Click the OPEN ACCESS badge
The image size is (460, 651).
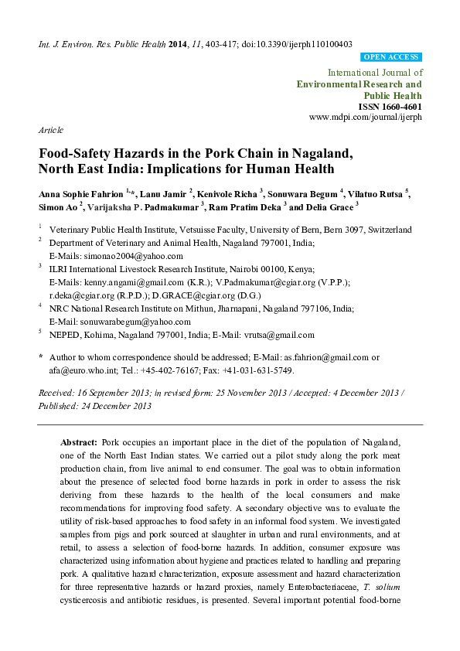coord(391,58)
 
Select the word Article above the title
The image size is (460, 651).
coord(51,130)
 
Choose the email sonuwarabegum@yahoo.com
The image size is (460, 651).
coord(125,322)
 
